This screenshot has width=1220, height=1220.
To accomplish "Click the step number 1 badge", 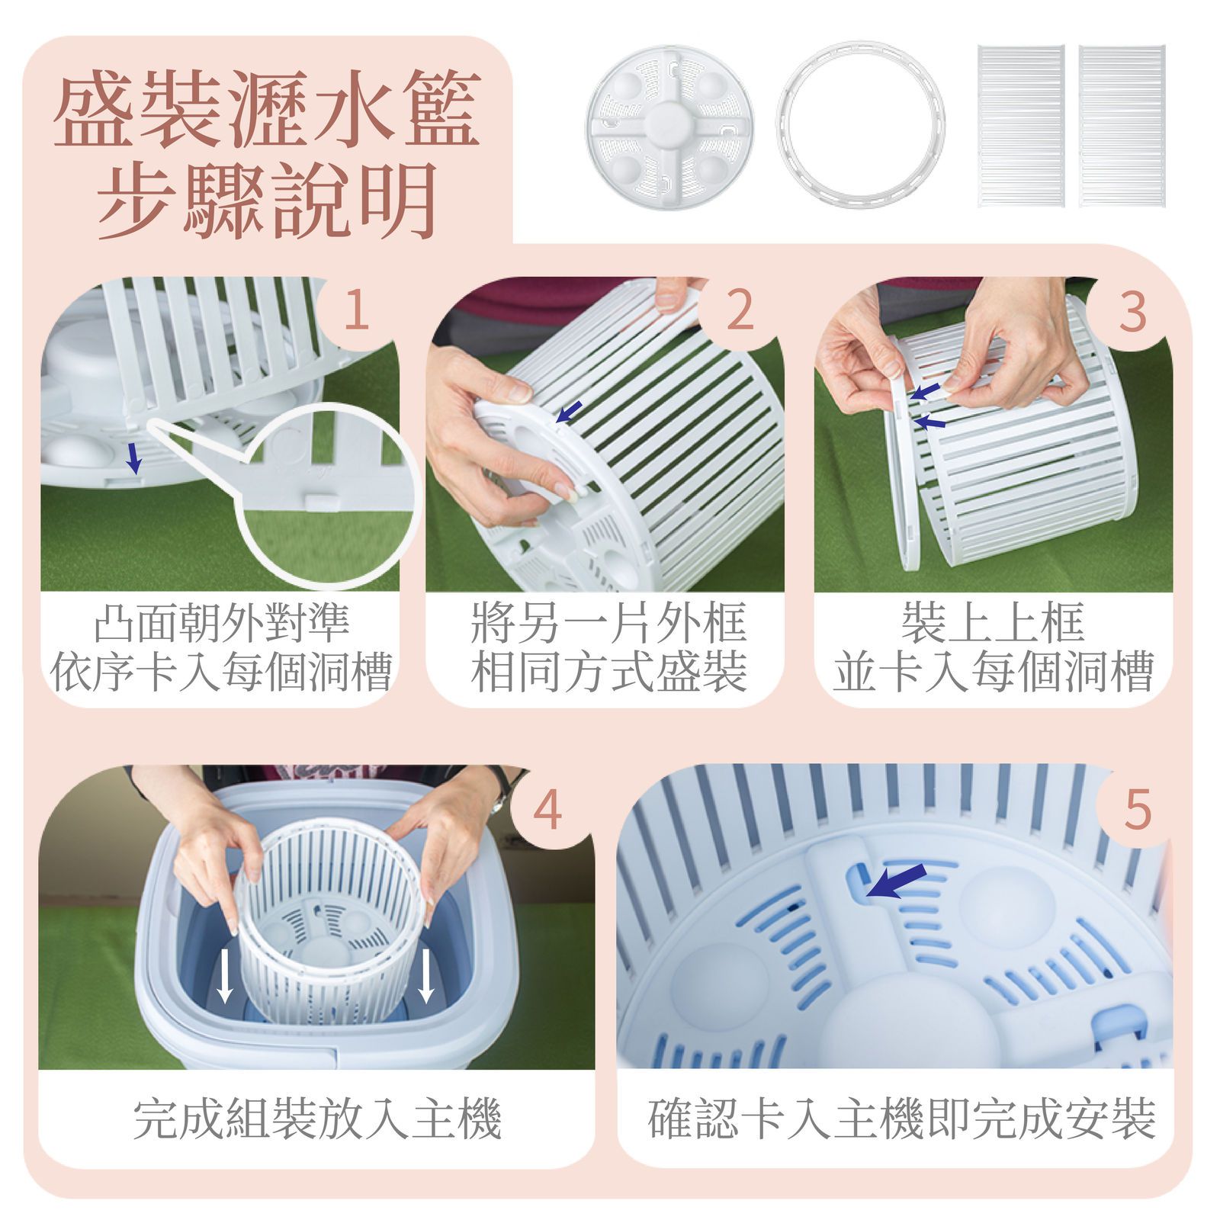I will click(357, 310).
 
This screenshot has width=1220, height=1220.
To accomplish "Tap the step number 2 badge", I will click(739, 310).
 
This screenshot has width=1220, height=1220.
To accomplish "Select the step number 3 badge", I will click(1132, 310).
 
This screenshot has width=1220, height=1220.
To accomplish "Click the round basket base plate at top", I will click(669, 124).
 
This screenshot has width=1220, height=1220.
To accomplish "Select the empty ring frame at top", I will click(860, 124).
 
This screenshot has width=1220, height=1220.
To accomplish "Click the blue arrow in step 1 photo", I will click(134, 458).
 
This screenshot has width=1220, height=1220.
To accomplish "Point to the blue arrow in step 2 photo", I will click(567, 411).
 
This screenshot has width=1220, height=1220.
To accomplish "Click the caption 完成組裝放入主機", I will click(316, 1119).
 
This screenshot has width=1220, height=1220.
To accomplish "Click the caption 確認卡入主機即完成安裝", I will click(902, 1119).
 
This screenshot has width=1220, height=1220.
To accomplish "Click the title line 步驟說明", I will click(267, 200).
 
